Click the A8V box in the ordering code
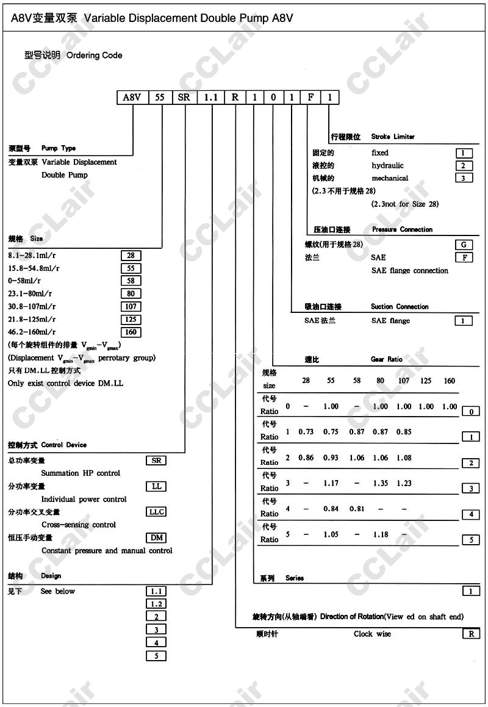tap(132, 98)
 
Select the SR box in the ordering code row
tap(184, 98)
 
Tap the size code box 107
tap(131, 307)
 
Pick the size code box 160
tap(131, 332)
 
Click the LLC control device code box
tap(157, 512)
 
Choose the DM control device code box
tap(157, 538)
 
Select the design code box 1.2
tap(157, 604)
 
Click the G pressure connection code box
tap(464, 245)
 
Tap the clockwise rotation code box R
tap(471, 634)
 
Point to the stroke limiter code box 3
tap(464, 178)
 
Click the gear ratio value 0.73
tap(306, 432)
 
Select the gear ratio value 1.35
tap(381, 483)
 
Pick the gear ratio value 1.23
tap(404, 483)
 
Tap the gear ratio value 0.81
tap(357, 509)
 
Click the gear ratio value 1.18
tap(381, 534)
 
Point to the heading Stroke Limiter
tap(393, 137)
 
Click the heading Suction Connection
tap(400, 307)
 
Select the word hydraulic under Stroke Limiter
tap(388, 165)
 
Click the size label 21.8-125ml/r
tap(32, 320)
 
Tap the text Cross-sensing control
tap(79, 525)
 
